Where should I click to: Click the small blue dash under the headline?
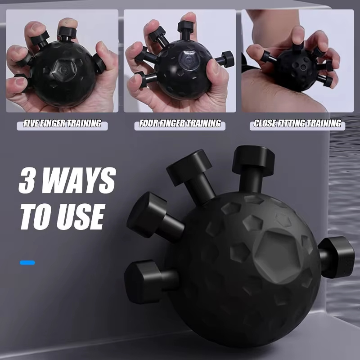(x=27, y=262)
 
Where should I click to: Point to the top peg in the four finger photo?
(x=186, y=26)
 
